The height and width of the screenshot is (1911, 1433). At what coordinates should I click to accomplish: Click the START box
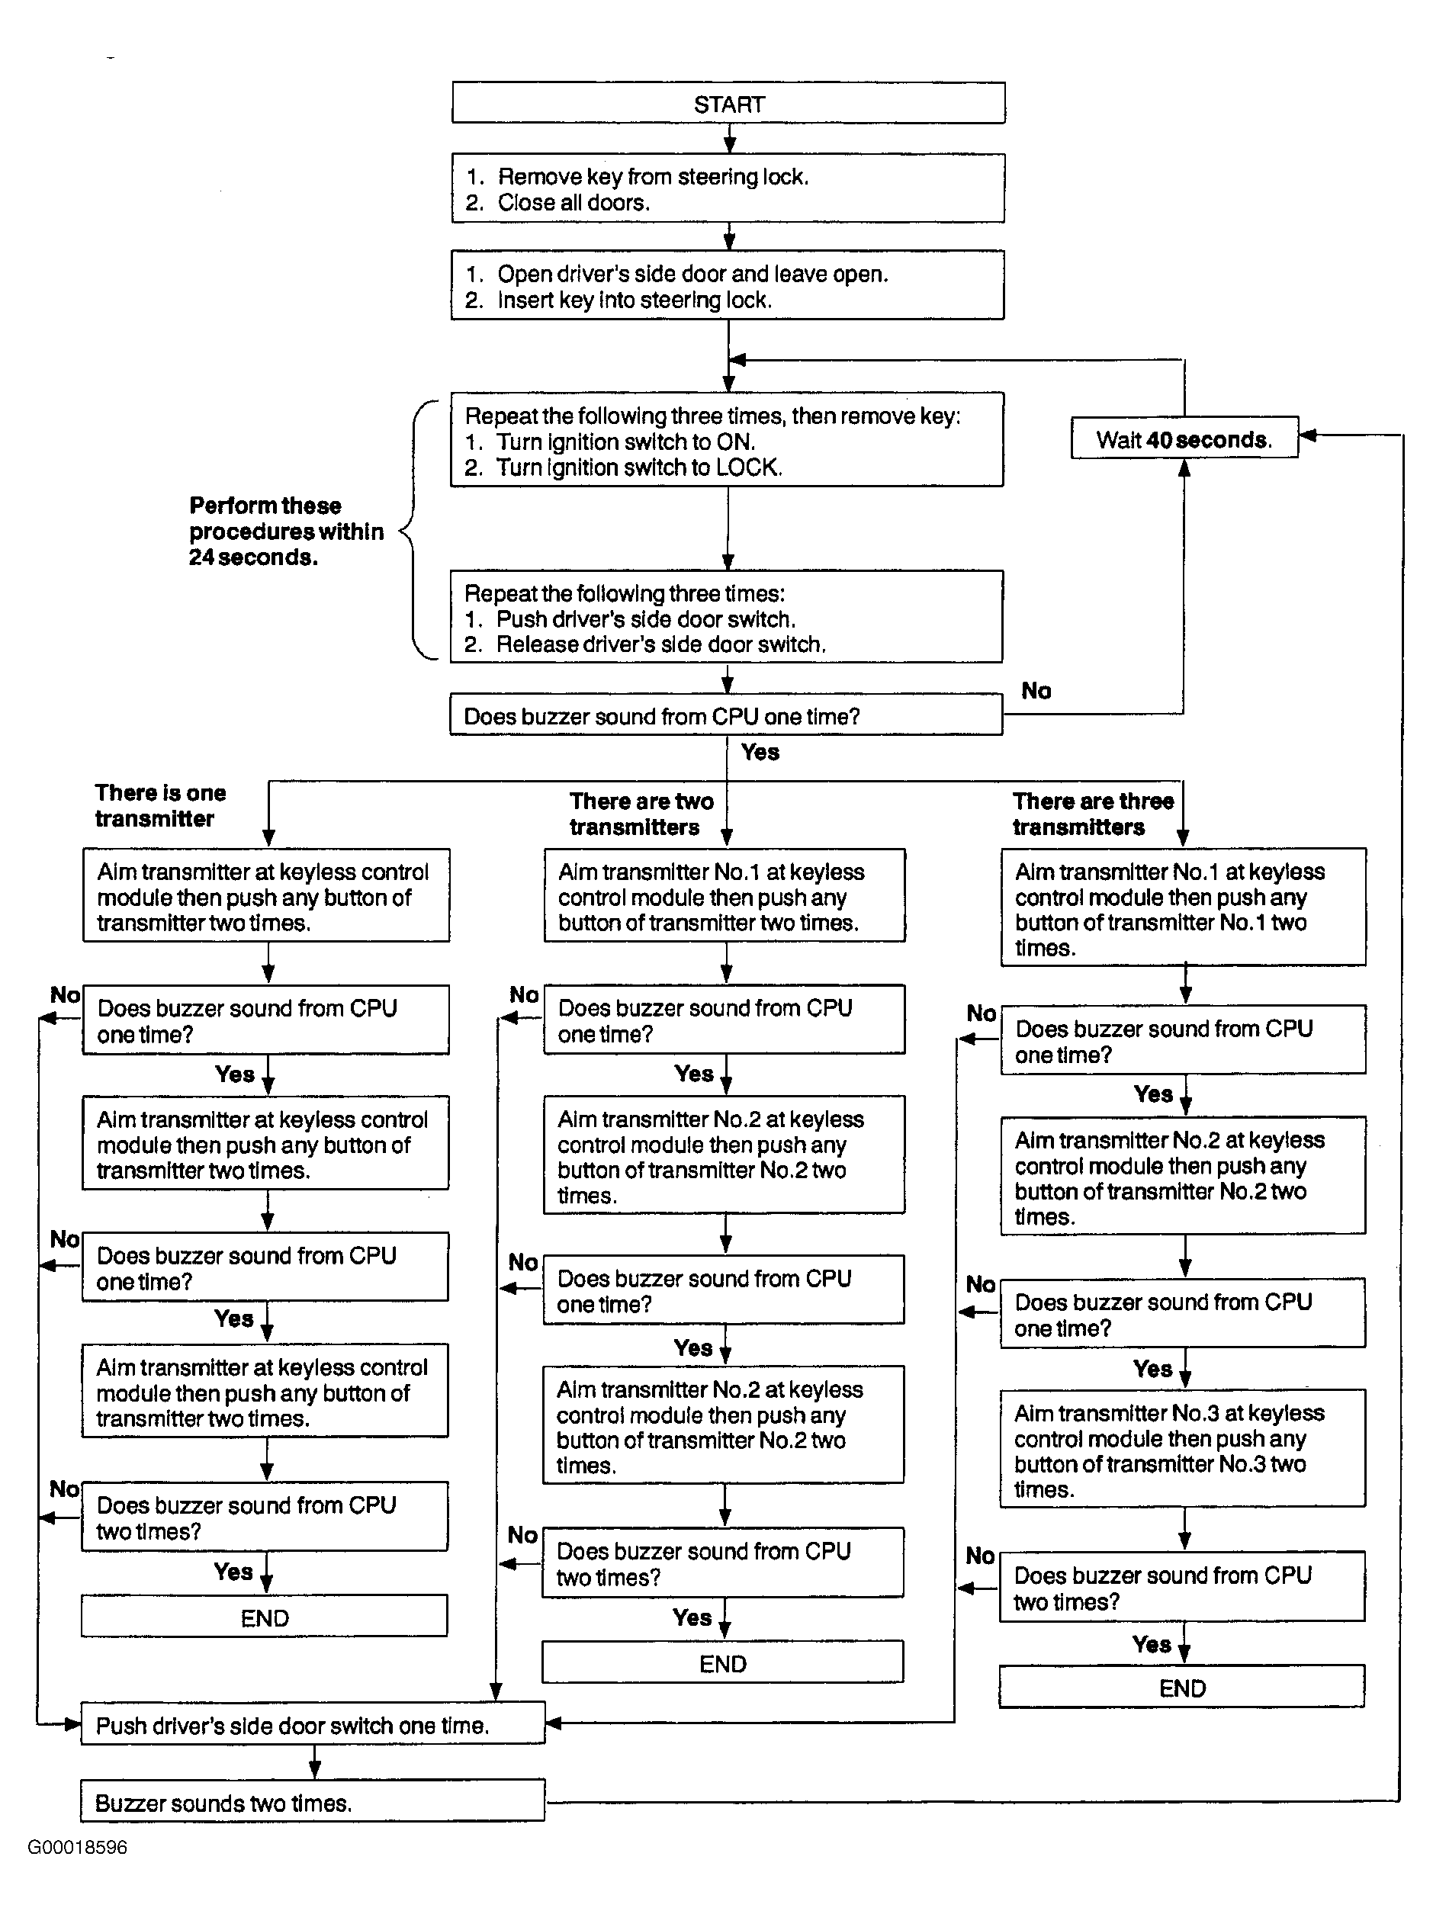[x=728, y=104]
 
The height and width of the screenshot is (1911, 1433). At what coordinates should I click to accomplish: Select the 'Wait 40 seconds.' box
[x=1184, y=438]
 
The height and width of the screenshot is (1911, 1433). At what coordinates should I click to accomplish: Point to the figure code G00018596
[x=78, y=1847]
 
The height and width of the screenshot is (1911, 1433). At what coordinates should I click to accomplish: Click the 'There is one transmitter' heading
[x=161, y=806]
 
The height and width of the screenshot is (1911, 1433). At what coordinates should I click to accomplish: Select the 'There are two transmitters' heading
[x=641, y=814]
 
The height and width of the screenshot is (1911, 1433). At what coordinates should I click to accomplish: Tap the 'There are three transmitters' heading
[x=1093, y=814]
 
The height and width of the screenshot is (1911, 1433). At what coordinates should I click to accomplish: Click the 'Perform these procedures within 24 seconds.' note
[x=286, y=532]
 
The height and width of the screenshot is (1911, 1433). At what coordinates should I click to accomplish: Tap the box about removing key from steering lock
[x=728, y=188]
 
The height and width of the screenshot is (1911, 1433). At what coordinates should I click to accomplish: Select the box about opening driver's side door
[x=728, y=285]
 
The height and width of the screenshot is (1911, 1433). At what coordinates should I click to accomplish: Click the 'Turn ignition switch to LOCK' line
[x=624, y=468]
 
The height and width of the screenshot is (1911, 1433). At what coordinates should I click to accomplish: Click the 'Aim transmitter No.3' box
[x=1183, y=1449]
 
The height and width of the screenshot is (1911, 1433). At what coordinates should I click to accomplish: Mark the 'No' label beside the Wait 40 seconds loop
[x=1036, y=690]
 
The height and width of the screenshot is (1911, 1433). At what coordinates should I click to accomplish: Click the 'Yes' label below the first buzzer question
[x=760, y=752]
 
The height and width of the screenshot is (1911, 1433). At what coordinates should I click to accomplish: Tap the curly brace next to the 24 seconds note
[x=413, y=529]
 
